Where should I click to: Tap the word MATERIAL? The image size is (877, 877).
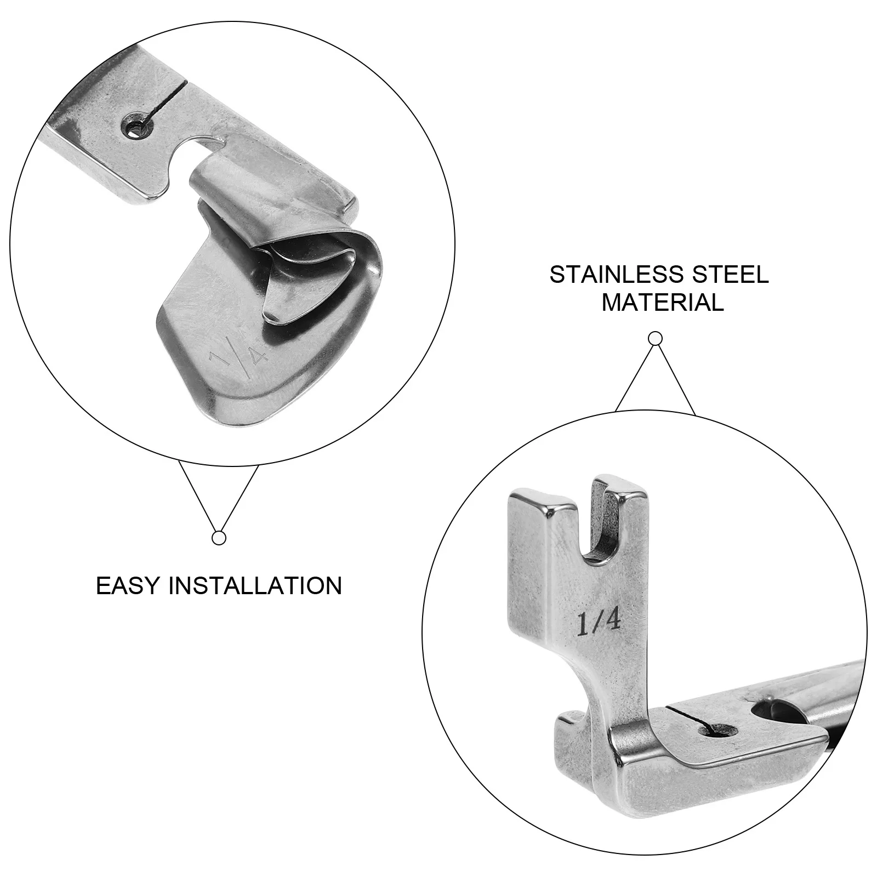(662, 303)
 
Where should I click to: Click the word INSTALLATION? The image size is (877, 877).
(255, 585)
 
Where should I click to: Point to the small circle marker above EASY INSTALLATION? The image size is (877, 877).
(219, 538)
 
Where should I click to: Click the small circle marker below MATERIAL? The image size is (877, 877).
(655, 339)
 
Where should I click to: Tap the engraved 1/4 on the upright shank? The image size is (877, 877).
(598, 623)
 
